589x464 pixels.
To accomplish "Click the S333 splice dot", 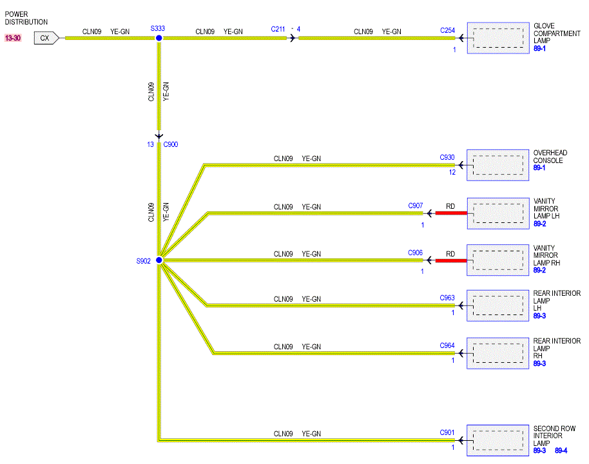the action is pyautogui.click(x=159, y=38).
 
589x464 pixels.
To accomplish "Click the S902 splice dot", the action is pyautogui.click(x=159, y=260).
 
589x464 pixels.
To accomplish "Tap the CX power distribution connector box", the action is pyautogui.click(x=46, y=38).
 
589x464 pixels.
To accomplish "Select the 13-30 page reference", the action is pyautogui.click(x=13, y=38).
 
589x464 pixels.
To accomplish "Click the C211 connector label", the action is pyautogui.click(x=278, y=29).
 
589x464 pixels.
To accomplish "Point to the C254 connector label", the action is pyautogui.click(x=447, y=30).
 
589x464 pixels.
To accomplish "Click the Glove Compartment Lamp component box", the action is pyautogui.click(x=498, y=38).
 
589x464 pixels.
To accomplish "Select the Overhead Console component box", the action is pyautogui.click(x=497, y=165).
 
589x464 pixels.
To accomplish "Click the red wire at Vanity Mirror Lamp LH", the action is pyautogui.click(x=451, y=213).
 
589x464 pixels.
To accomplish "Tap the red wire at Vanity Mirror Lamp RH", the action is pyautogui.click(x=451, y=260).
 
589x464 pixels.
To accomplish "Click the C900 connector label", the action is pyautogui.click(x=171, y=144).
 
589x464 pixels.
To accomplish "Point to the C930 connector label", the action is pyautogui.click(x=447, y=157).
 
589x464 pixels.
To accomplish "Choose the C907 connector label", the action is pyautogui.click(x=416, y=206).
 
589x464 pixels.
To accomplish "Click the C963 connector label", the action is pyautogui.click(x=447, y=298).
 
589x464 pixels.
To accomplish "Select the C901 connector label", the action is pyautogui.click(x=447, y=432).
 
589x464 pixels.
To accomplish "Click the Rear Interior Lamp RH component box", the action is pyautogui.click(x=497, y=353).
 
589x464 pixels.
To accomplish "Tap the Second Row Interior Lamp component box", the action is pyautogui.click(x=497, y=440).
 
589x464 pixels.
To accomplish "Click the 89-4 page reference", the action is pyautogui.click(x=561, y=450).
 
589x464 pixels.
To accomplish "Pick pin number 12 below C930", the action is pyautogui.click(x=452, y=172).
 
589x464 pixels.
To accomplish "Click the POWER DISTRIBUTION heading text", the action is pyautogui.click(x=26, y=18).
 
